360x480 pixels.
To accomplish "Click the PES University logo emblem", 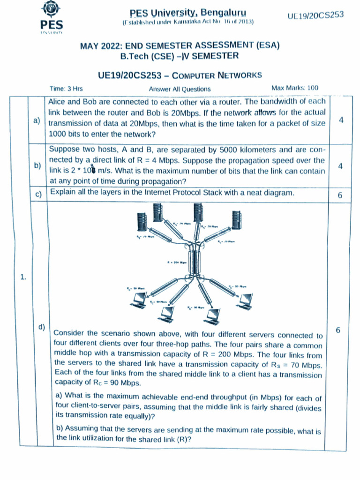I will point(51,10).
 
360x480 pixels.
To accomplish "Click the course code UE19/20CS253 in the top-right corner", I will point(315,15).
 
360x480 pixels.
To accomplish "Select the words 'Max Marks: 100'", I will point(294,88).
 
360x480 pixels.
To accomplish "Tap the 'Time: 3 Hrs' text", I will point(66,89).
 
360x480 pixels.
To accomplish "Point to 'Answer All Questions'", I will point(180,89).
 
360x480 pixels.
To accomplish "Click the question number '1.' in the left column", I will point(23,277).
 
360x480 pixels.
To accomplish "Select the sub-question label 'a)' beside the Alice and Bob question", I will point(37,121).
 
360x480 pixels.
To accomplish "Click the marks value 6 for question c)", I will point(340,195).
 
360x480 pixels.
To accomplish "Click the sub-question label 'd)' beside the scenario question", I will point(42,326).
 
